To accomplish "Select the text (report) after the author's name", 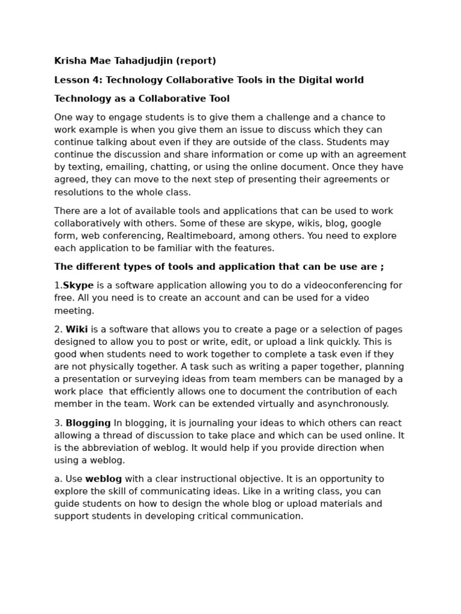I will click(197, 61).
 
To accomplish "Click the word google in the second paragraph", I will click(367, 224).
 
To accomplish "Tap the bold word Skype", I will click(79, 286).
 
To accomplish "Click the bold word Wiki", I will click(76, 330).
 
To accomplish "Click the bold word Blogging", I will click(88, 423).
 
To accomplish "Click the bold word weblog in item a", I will click(104, 479).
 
